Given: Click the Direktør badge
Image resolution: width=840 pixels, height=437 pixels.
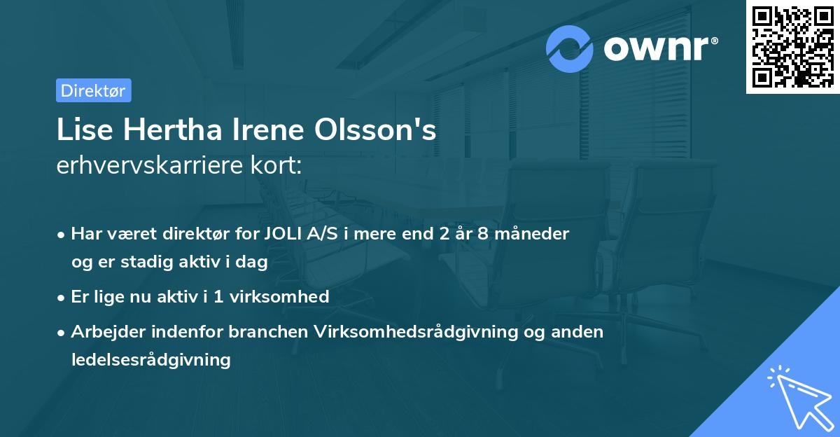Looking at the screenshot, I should [93, 90].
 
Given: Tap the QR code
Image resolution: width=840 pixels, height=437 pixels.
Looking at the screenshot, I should [792, 47].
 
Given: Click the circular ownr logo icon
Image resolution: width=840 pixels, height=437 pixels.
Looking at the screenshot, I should [570, 49].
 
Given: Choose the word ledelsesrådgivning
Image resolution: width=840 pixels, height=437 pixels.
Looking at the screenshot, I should [150, 360].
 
